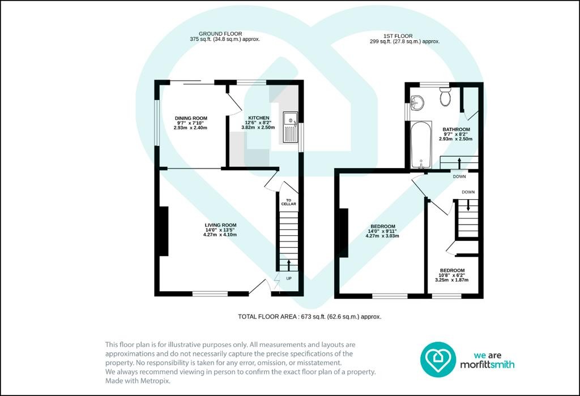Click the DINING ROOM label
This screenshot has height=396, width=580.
191,119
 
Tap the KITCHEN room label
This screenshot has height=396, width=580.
258,118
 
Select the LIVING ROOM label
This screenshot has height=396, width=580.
220,225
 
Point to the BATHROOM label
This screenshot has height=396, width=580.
456,130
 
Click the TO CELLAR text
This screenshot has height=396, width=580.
288,202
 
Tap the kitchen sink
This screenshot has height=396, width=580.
291,127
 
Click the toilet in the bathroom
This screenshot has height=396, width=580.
445,96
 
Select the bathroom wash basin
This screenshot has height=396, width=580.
417,103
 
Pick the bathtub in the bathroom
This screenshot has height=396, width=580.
421,144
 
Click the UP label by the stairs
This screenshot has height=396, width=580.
289,278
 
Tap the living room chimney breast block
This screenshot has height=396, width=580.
164,231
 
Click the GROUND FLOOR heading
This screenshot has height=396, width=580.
220,33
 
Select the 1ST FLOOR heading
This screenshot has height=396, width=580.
398,36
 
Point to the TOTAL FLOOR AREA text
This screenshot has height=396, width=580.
309,317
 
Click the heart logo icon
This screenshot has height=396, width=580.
438,359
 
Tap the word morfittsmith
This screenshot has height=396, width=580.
487,364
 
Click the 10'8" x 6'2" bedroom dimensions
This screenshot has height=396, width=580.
451,275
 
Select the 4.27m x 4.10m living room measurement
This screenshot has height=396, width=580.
220,235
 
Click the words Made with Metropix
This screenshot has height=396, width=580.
138,381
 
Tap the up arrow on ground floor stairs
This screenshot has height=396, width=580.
289,265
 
